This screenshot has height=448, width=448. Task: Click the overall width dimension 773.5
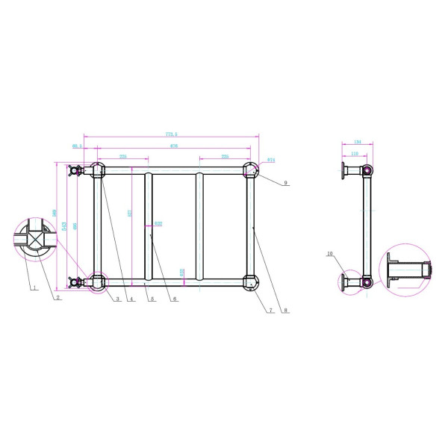coord(171,134)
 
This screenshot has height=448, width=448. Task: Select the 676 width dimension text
coord(173,146)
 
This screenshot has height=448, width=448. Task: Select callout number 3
coord(118,300)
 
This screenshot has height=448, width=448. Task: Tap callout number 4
coord(131,300)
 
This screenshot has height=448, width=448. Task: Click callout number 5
coord(152,300)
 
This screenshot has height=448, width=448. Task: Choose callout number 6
coord(175,300)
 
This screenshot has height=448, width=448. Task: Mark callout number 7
coord(270,310)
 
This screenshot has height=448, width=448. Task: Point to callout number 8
coord(287,310)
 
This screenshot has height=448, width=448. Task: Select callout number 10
coord(329,254)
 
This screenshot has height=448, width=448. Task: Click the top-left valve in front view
coord(75,170)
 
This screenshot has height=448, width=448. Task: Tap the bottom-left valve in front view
coord(75,282)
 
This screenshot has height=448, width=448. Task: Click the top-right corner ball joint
coord(251,171)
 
